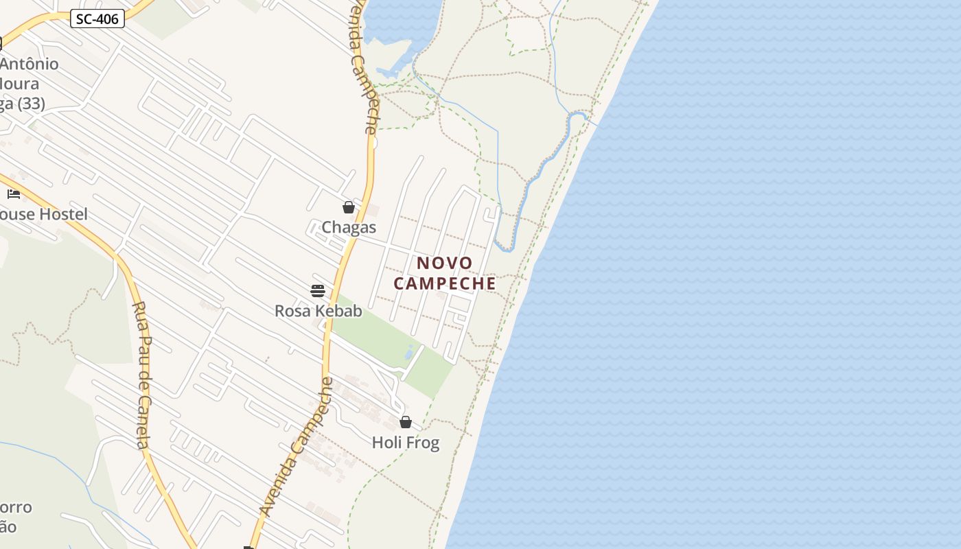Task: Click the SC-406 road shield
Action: click(x=97, y=19)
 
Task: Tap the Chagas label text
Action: click(x=349, y=227)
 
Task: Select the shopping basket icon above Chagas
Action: click(x=349, y=207)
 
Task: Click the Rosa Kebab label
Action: click(x=318, y=311)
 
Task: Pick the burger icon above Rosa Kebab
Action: click(x=317, y=291)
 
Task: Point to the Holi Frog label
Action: click(x=405, y=443)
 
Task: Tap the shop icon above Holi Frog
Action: click(x=406, y=422)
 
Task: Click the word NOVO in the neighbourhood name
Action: click(x=445, y=263)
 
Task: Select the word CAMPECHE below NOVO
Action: click(x=445, y=283)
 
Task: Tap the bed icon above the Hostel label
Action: click(x=14, y=194)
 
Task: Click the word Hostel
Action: click(x=63, y=214)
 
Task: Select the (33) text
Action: click(x=32, y=104)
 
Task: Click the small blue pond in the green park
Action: click(x=409, y=353)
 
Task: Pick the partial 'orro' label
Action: click(x=16, y=508)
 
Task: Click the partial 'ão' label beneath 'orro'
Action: click(x=8, y=527)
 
